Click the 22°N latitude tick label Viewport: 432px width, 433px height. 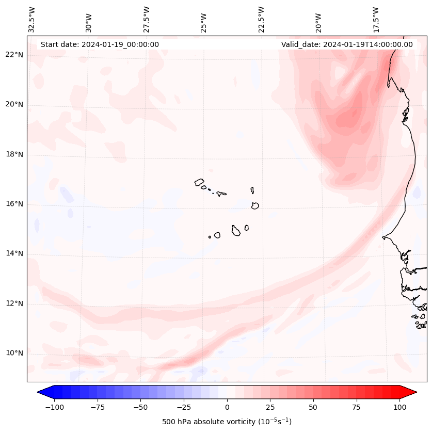(x=15, y=55)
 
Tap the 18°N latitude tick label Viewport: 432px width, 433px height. (x=15, y=154)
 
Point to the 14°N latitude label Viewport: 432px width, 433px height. (x=15, y=253)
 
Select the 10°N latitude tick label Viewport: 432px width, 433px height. (x=15, y=354)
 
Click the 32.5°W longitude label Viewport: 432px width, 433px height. (x=33, y=19)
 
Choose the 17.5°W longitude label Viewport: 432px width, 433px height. (x=376, y=19)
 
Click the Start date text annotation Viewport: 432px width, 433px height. (x=100, y=44)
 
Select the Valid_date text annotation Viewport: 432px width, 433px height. (x=347, y=44)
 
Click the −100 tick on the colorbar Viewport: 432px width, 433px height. (x=54, y=407)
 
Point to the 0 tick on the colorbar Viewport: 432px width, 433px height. (x=227, y=407)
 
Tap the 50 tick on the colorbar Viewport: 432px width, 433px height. (x=313, y=407)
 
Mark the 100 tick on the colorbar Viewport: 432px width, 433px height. (x=399, y=407)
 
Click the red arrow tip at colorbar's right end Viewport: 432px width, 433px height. (x=411, y=392)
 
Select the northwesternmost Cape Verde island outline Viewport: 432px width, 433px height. (x=199, y=182)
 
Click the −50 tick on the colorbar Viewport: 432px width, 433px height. (x=140, y=407)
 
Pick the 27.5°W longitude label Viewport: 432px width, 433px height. (x=147, y=19)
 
